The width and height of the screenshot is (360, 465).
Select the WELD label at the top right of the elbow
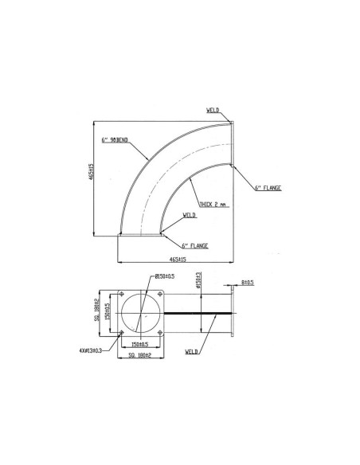[x=213, y=112]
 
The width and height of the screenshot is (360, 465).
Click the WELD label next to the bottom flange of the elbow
[x=190, y=215]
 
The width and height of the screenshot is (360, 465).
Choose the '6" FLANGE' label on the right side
[x=268, y=188]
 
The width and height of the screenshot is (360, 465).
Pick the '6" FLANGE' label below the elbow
[x=195, y=245]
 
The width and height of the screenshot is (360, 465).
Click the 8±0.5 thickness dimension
[x=248, y=281]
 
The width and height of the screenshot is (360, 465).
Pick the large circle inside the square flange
[x=141, y=313]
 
